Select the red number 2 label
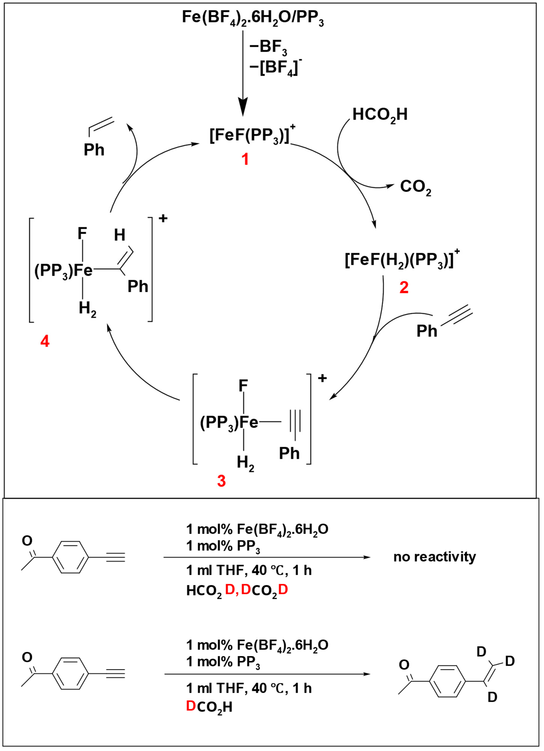(404, 287)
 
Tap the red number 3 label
(221, 481)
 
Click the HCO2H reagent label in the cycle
(380, 115)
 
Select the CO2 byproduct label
(415, 187)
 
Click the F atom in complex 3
(243, 386)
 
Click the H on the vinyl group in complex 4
(120, 235)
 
